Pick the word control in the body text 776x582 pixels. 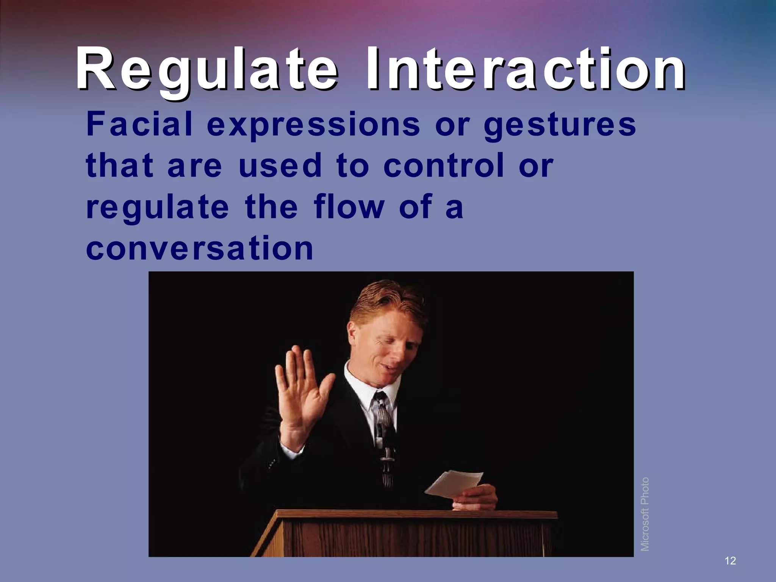coord(444,166)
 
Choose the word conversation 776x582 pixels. coord(200,248)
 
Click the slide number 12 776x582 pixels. coord(730,561)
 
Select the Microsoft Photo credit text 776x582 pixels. coord(645,514)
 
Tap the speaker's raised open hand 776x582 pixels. coord(301,394)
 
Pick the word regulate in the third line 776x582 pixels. coord(157,208)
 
